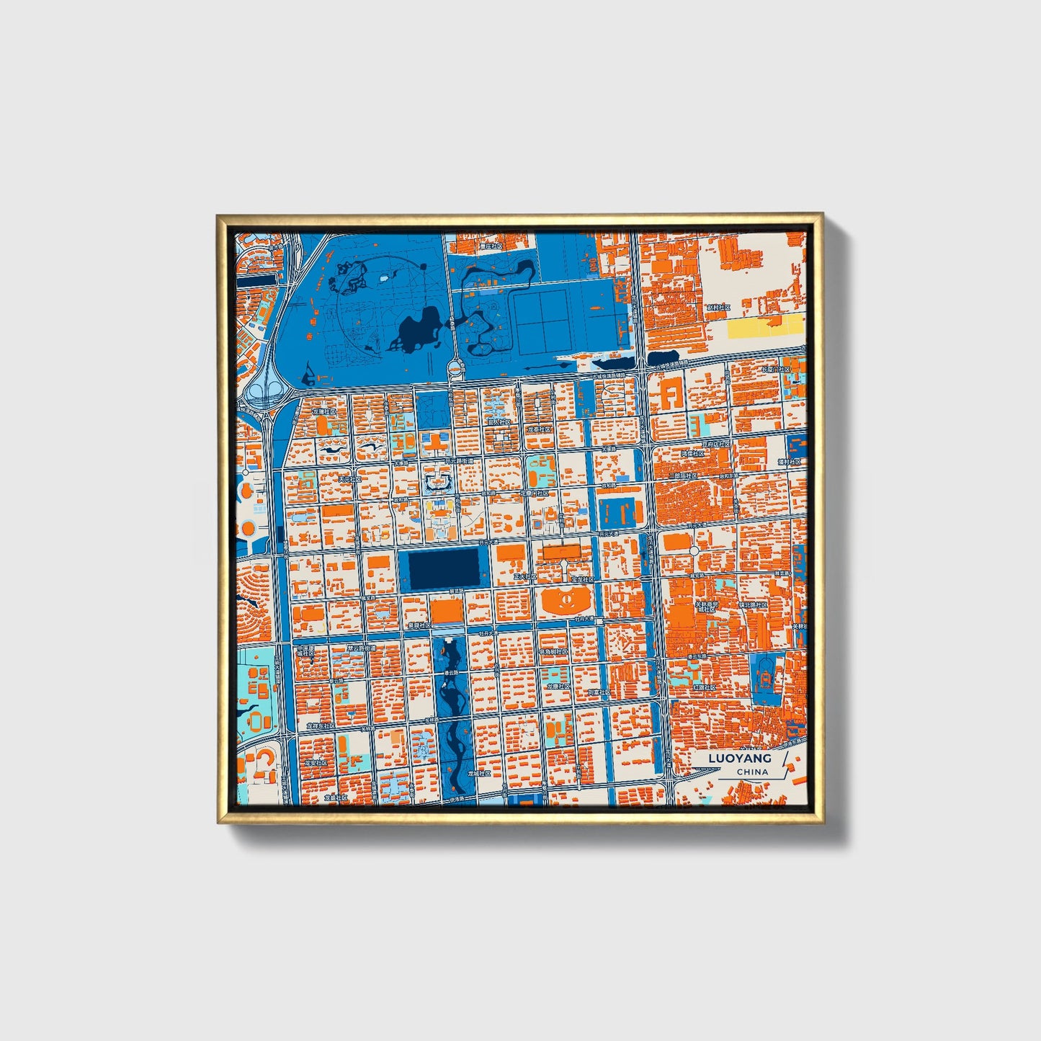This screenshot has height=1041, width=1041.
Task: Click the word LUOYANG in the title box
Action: tap(739, 758)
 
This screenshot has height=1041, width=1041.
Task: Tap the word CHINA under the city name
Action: tap(752, 772)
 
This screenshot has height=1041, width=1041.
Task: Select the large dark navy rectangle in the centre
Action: tap(444, 567)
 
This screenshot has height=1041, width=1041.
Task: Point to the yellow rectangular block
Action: tap(765, 327)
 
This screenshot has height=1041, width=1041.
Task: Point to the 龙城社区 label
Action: tap(478, 773)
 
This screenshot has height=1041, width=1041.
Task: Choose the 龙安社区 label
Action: tap(315, 761)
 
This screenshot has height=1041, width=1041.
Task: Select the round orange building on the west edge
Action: tap(248, 528)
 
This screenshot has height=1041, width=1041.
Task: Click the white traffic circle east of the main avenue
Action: tap(694, 550)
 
